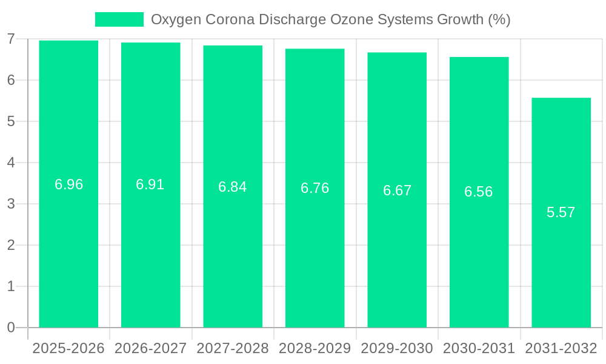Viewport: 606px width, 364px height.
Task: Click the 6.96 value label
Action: coord(68,184)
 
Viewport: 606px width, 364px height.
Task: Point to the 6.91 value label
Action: coord(150,184)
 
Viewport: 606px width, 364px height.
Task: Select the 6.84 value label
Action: coord(233,187)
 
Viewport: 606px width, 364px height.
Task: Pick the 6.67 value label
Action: coord(397,190)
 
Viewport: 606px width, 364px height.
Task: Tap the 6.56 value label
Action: coord(479,192)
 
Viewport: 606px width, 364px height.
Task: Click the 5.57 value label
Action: coord(561,212)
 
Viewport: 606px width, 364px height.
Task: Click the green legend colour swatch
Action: coord(119,19)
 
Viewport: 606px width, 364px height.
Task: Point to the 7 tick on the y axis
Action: coord(11,39)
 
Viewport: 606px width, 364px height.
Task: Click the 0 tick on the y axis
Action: coord(11,328)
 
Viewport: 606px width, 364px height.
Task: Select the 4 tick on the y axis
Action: coord(11,163)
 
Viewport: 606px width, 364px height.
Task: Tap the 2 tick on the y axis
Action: coord(11,245)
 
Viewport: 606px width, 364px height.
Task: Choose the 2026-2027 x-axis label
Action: coord(150,348)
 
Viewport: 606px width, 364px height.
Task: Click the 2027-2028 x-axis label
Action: coord(233,348)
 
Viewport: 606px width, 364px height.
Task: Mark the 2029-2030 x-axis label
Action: coord(397,348)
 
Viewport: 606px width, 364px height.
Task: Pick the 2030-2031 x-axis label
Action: coord(479,348)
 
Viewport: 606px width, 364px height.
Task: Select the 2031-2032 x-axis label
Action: coord(561,348)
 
